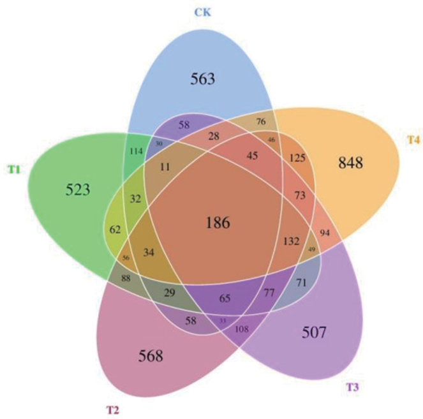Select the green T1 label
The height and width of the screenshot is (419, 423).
pos(13,169)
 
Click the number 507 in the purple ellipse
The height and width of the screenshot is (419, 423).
pos(314,331)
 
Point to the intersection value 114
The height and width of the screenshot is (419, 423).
pos(135,152)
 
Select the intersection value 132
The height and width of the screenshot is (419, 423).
pos(291,241)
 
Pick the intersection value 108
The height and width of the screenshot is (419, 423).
pos(242,330)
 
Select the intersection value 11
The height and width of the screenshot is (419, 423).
pos(166,167)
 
